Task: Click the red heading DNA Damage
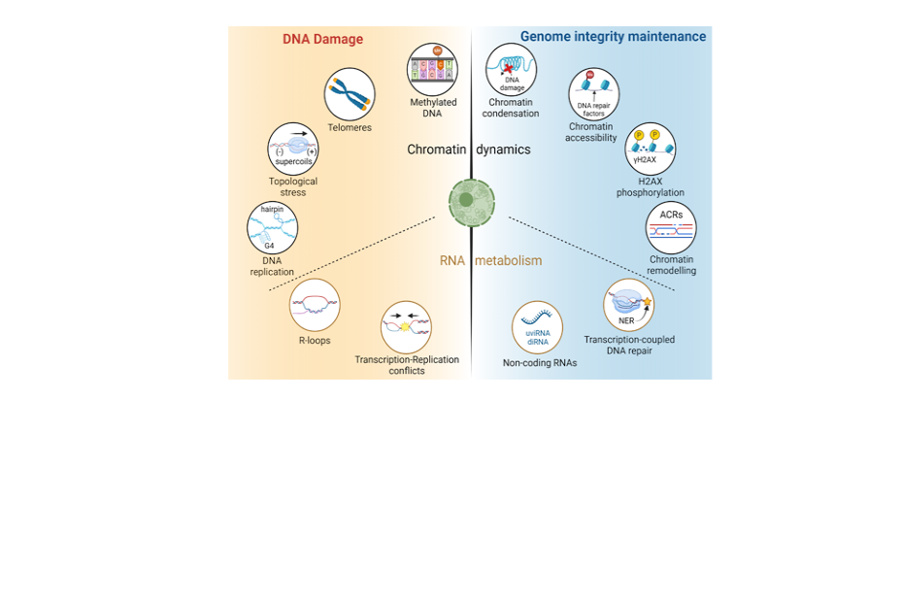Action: tap(322, 40)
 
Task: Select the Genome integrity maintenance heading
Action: tap(613, 37)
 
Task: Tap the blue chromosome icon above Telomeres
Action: tap(350, 94)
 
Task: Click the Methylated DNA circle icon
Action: tap(433, 69)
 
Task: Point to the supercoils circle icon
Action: tap(293, 149)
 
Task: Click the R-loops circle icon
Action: tap(315, 304)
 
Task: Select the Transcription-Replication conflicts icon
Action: tap(406, 326)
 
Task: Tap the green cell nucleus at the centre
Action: tap(471, 201)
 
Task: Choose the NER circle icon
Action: tap(628, 305)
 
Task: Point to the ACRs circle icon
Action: tap(671, 228)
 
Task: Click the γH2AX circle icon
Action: tap(650, 149)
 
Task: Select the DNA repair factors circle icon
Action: tap(592, 93)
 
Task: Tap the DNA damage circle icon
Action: tap(511, 69)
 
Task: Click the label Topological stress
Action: tap(293, 186)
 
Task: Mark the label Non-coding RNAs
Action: tap(540, 363)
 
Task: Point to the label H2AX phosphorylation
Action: tap(651, 186)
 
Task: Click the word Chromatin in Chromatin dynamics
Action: tap(436, 150)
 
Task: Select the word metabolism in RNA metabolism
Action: tap(509, 260)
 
